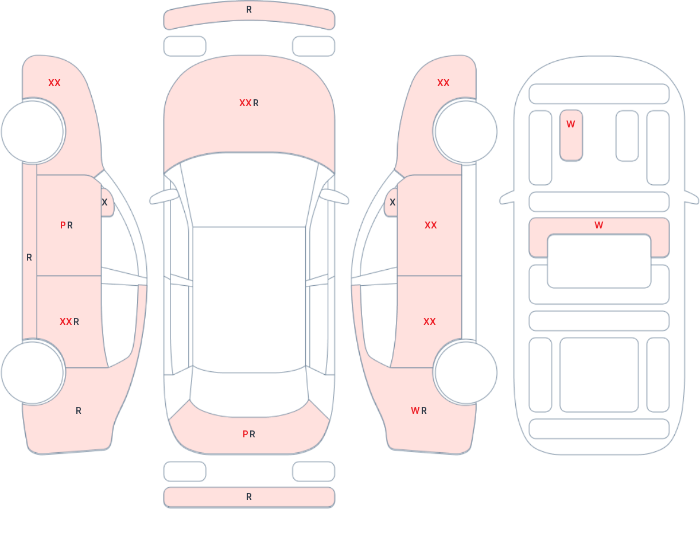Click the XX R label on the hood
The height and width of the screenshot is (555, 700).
pos(249,103)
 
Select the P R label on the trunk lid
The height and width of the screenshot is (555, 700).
pos(249,434)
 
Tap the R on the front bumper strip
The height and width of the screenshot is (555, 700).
pos(249,10)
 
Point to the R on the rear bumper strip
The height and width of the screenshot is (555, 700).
pos(249,497)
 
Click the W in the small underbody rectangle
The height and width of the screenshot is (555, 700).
pos(570,124)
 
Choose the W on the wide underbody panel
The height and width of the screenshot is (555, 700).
pos(599,225)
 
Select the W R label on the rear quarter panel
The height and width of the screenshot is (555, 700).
pos(419,410)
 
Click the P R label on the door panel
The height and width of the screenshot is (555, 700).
pos(67,225)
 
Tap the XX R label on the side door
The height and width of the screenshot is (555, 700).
pos(69,322)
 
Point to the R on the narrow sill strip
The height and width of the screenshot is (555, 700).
pos(29,257)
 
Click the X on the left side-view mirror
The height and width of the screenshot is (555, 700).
pos(104,203)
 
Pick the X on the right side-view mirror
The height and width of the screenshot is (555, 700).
pos(392,203)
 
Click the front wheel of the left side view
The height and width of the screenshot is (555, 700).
pos(33,132)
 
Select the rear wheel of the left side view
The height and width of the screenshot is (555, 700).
pos(33,372)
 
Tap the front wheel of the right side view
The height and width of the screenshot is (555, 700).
pos(466,132)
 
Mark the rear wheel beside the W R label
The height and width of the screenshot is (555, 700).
pos(466,372)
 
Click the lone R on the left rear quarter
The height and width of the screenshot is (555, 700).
pos(79,410)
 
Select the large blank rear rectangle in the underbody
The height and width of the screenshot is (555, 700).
pos(599,375)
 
